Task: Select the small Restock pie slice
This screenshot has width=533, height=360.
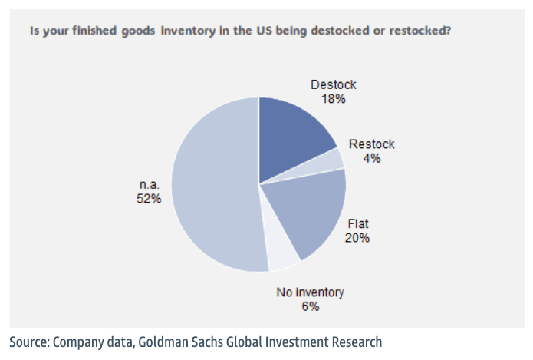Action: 334,160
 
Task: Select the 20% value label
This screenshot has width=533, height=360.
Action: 357,237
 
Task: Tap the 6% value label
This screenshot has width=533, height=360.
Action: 310,306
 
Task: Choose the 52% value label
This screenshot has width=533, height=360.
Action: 149,199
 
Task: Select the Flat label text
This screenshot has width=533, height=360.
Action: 357,223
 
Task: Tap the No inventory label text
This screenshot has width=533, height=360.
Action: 310,292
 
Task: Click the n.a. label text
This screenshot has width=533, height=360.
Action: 149,185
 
